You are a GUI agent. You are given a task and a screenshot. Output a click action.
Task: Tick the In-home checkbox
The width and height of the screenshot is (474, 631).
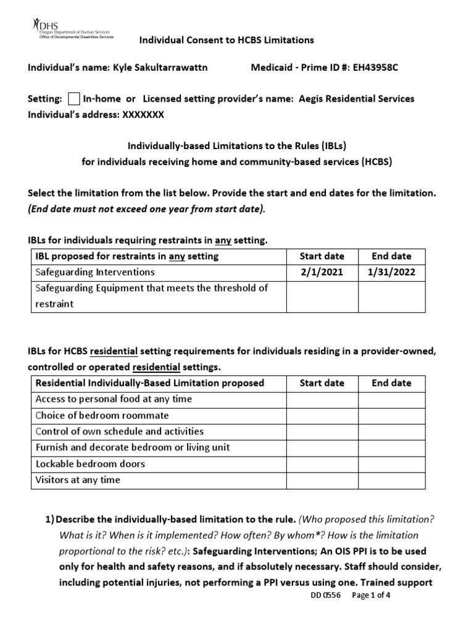[x=73, y=99]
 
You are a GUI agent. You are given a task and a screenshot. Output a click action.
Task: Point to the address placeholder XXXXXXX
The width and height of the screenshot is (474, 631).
[x=141, y=115]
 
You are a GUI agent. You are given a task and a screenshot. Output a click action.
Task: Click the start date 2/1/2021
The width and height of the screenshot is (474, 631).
[x=322, y=272]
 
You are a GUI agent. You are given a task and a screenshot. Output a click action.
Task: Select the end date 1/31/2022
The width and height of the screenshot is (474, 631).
[x=391, y=272]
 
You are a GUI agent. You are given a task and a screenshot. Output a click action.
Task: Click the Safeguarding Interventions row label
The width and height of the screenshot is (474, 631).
[x=96, y=272]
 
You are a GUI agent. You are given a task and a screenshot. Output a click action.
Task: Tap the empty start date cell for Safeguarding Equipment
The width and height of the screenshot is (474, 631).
[x=322, y=296]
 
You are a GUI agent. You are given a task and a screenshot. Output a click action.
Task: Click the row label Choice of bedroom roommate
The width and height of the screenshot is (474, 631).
[x=102, y=415]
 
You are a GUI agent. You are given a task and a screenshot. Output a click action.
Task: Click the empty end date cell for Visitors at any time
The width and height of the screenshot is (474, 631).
[x=391, y=480]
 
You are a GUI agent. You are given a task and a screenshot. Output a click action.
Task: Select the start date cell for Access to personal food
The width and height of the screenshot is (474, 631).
[x=322, y=399]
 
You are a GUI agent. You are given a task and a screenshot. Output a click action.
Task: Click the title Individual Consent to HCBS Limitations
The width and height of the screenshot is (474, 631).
[x=226, y=40]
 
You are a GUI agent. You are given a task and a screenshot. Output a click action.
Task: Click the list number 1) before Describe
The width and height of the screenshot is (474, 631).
[x=51, y=519]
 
